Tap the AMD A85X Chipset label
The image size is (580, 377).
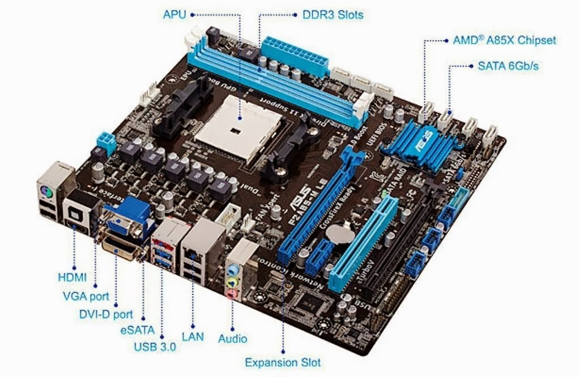click(504, 40)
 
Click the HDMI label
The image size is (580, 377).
click(72, 277)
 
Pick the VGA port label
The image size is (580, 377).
click(86, 295)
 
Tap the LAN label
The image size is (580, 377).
click(193, 336)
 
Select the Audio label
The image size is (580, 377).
click(233, 339)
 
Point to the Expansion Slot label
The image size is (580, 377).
click(283, 362)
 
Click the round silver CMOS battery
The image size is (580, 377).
click(343, 230)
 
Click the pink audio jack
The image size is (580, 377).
click(232, 294)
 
